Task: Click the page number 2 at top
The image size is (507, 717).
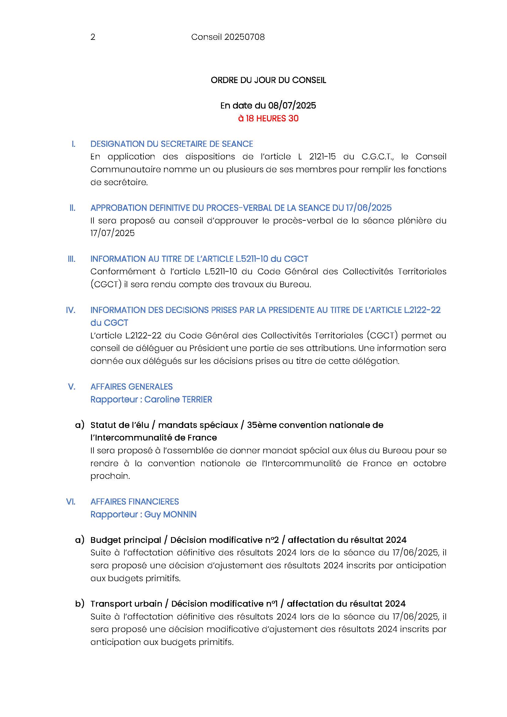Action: coord(93,37)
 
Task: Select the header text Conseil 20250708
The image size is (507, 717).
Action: coord(227,37)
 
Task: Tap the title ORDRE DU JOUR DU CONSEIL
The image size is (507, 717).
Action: coord(268,80)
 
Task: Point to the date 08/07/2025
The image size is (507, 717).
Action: coord(292,105)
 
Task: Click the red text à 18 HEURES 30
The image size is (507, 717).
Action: coord(268,118)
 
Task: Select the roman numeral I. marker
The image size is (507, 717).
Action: coord(73,144)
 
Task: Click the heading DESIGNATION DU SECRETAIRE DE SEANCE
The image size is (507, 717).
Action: coord(171,144)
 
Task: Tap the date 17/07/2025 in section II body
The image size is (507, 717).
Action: coord(112,233)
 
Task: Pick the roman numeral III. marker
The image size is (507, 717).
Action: coord(71,259)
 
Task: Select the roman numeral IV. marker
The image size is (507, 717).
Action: coord(71,310)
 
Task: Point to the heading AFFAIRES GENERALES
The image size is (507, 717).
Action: coord(132,387)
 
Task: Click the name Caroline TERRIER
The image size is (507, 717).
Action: coord(178,399)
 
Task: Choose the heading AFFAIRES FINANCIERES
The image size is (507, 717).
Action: coord(135,502)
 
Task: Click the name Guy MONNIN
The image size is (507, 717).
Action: coord(170,514)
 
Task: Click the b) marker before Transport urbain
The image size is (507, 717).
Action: coord(80,604)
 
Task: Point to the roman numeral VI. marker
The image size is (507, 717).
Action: coord(71,502)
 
